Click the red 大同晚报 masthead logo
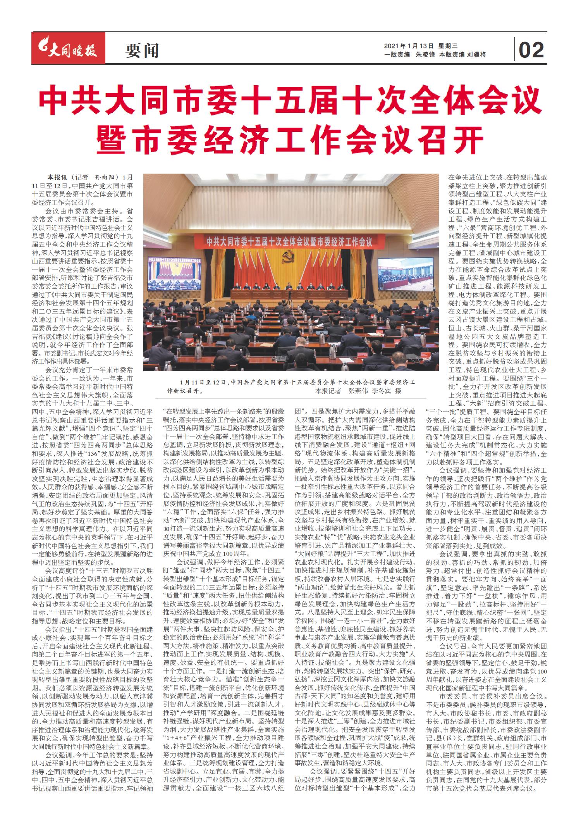coord(69,48)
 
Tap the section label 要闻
coord(142,50)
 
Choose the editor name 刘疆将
coord(477,55)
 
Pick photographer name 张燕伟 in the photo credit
coord(358,391)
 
